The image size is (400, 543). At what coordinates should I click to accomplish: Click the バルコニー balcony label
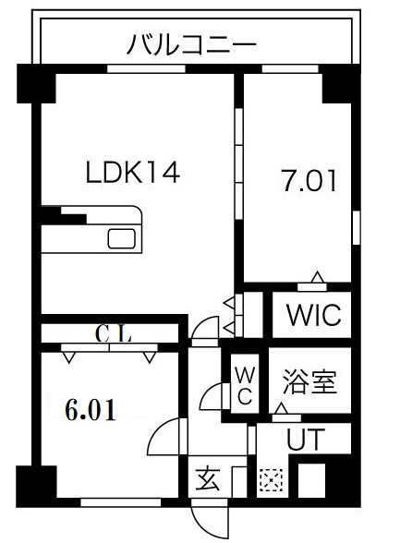tap(191, 43)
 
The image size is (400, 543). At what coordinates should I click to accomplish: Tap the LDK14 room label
tap(133, 172)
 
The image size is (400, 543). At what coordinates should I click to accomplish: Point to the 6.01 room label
tap(90, 410)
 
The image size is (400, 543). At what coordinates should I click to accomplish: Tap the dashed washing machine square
tap(271, 480)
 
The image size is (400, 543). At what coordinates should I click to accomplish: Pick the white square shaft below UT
tap(314, 480)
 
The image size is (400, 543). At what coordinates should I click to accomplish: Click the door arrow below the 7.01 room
tap(317, 276)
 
